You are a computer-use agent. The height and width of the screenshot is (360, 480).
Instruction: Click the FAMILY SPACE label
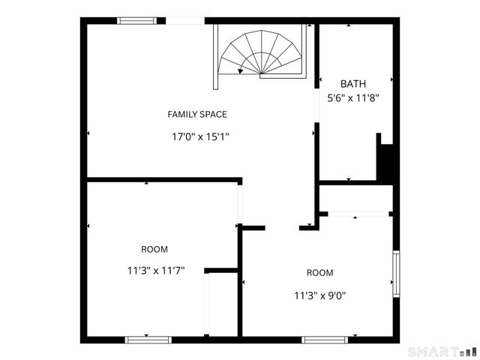click(x=196, y=114)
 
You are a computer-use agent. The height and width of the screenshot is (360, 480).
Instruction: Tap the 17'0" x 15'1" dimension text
click(x=200, y=136)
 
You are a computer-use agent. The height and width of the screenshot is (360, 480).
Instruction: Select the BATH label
click(x=353, y=84)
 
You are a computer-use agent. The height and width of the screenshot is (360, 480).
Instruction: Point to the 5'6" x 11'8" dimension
click(x=353, y=97)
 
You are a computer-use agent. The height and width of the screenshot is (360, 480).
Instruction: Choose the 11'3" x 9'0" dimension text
click(x=319, y=295)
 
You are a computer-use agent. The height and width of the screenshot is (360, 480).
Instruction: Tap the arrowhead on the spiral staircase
click(x=240, y=72)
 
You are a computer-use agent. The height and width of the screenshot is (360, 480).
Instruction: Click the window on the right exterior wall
click(x=396, y=274)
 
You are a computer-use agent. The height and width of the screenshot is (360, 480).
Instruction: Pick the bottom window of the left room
click(x=148, y=340)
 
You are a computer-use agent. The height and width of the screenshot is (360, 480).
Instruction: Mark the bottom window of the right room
click(x=325, y=340)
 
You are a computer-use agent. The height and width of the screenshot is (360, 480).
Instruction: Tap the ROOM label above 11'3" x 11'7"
click(x=154, y=249)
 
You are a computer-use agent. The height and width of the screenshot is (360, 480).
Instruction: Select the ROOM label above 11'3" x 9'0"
click(x=319, y=272)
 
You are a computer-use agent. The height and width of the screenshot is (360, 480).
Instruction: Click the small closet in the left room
click(x=221, y=304)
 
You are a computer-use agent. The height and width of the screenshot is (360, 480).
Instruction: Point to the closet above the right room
click(x=356, y=199)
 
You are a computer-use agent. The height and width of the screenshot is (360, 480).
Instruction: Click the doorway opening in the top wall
click(x=184, y=21)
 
